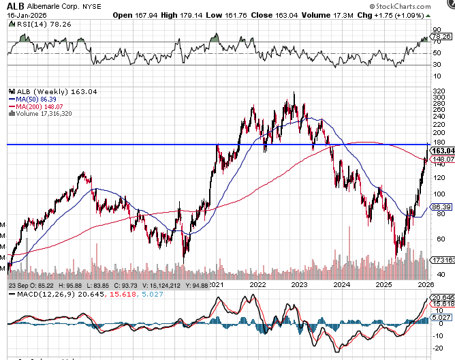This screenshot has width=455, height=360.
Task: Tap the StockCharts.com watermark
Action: point(418,6)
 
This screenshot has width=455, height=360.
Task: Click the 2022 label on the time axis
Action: point(258,284)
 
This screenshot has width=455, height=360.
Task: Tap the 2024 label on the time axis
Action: point(342,284)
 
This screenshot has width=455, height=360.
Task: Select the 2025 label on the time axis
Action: point(384,284)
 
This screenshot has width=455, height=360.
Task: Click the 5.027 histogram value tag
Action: point(443,317)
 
